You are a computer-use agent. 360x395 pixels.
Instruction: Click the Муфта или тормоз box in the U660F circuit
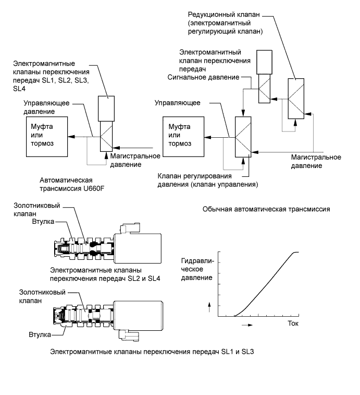(x=46, y=135)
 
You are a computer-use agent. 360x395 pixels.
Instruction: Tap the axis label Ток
(x=294, y=324)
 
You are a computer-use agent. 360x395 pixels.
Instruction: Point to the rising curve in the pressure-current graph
(x=266, y=284)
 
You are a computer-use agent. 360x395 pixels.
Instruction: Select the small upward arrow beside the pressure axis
(x=209, y=307)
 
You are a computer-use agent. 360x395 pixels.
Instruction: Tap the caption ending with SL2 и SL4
(x=104, y=274)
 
